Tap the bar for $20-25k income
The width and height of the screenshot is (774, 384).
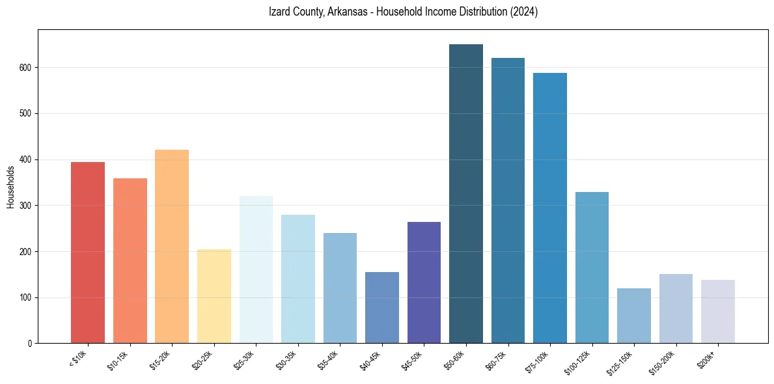pyautogui.click(x=214, y=296)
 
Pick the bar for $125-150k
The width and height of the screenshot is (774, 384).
pyautogui.click(x=634, y=316)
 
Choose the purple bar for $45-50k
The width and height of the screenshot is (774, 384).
pyautogui.click(x=424, y=282)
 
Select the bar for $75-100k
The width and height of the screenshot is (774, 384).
pyautogui.click(x=550, y=208)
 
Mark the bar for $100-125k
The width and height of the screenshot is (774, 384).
pyautogui.click(x=592, y=267)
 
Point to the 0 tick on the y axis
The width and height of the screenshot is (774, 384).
pyautogui.click(x=30, y=344)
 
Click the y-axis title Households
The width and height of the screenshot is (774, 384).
pyautogui.click(x=10, y=187)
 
